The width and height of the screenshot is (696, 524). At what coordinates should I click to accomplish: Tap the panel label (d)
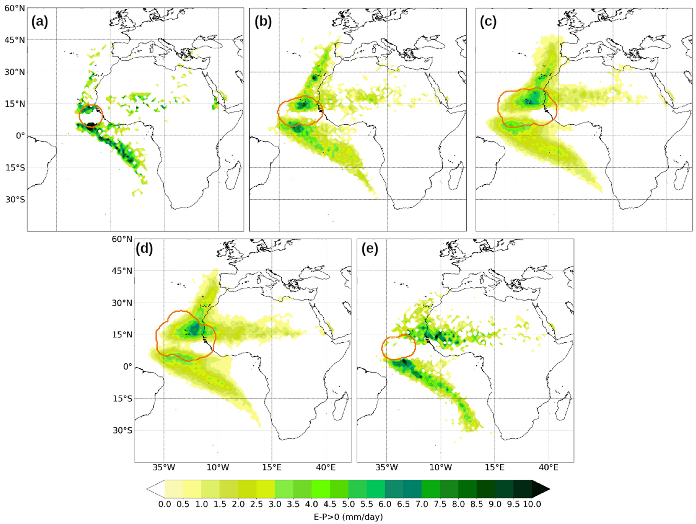144,249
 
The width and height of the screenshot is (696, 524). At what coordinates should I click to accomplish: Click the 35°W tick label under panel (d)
164,468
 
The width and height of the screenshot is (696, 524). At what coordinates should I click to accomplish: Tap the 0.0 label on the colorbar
165,504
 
